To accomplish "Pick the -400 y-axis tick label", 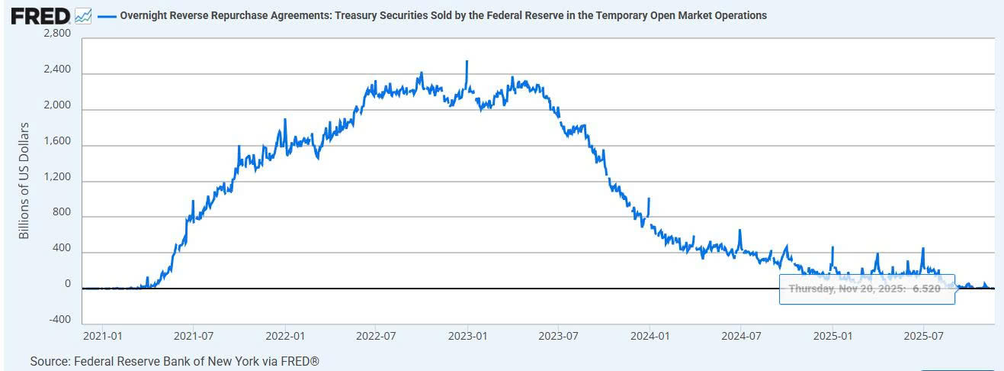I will (x=59, y=320).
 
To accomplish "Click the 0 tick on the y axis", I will (x=67, y=284).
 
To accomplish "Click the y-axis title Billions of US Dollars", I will (x=24, y=180).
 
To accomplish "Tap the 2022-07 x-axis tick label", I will (x=376, y=336).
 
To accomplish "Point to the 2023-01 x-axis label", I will (x=467, y=336).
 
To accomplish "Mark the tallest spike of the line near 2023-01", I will (x=467, y=62).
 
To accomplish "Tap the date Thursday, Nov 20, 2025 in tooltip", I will (x=846, y=289).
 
